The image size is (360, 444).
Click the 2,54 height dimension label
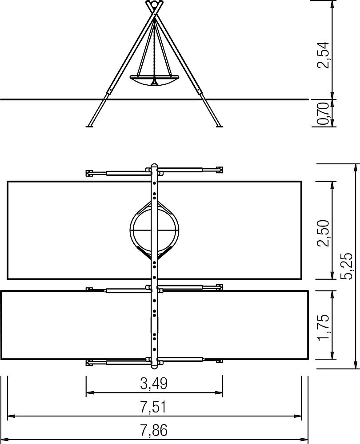click(x=324, y=55)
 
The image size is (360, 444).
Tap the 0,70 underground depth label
click(x=324, y=114)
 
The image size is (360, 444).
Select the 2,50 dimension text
click(x=324, y=233)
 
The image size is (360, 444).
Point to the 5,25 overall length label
click(x=347, y=266)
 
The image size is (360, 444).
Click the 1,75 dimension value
click(x=324, y=327)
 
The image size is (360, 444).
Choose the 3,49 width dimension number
click(x=154, y=384)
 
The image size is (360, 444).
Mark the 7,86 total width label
click(x=154, y=430)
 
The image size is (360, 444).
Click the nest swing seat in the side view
click(x=154, y=80)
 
